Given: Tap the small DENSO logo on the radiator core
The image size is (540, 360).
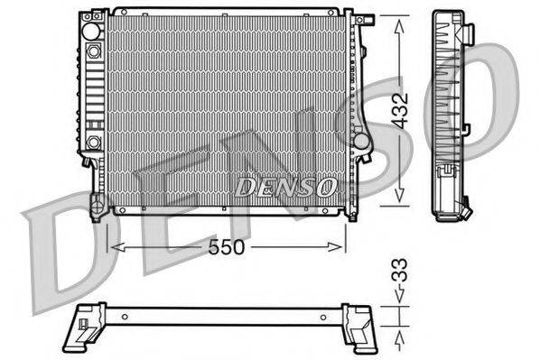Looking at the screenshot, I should click(x=286, y=186).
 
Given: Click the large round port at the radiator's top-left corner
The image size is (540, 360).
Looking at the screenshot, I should click(x=91, y=30).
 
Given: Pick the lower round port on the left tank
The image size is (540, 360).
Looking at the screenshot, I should click(x=94, y=142).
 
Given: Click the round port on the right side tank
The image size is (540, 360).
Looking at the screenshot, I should click(x=359, y=142).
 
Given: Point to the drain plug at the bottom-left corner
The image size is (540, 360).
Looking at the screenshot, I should click(x=95, y=212).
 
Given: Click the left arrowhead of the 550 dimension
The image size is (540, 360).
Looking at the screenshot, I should click(x=113, y=245).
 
